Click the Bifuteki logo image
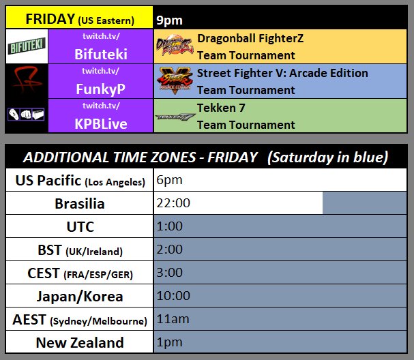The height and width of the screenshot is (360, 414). [26, 47]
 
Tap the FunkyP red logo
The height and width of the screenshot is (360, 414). [26, 80]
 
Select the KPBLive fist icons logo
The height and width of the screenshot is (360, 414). [26, 115]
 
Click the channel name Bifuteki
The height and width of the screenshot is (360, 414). [102, 55]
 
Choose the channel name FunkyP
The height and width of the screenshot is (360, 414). [102, 89]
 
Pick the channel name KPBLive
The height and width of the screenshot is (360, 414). [102, 124]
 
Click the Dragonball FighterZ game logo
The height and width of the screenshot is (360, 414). [175, 47]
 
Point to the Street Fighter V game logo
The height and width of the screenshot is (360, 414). [175, 80]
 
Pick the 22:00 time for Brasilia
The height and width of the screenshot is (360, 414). [173, 203]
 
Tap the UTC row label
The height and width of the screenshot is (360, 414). [80, 226]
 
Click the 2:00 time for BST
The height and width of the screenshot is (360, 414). [170, 250]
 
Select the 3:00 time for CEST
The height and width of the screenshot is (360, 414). [170, 273]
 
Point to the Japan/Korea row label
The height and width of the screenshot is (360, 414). [80, 296]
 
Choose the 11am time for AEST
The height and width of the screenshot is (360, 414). [173, 319]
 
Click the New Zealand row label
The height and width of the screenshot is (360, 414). [80, 342]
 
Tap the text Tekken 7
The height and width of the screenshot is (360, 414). [221, 108]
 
